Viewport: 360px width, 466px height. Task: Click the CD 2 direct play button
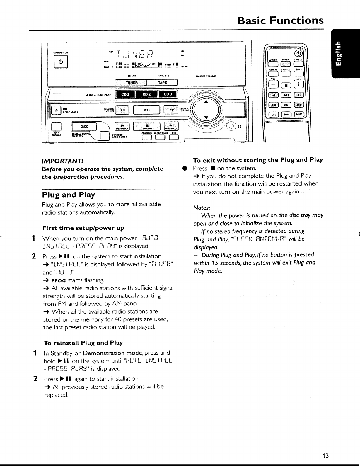click(x=146, y=94)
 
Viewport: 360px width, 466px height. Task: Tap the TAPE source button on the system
click(x=163, y=83)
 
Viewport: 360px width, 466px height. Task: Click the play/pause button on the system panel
click(x=146, y=110)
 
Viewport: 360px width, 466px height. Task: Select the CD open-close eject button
click(x=55, y=110)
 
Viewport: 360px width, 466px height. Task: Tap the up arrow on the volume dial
click(x=206, y=102)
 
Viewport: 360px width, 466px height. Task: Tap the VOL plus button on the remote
click(x=299, y=84)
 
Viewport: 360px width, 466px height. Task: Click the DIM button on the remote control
click(x=286, y=105)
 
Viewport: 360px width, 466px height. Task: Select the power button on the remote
click(x=299, y=53)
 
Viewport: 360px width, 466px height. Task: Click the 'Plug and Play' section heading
click(x=69, y=195)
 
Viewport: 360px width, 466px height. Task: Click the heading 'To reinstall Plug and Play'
click(x=83, y=343)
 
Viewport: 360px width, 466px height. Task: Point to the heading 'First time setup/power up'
click(x=83, y=228)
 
